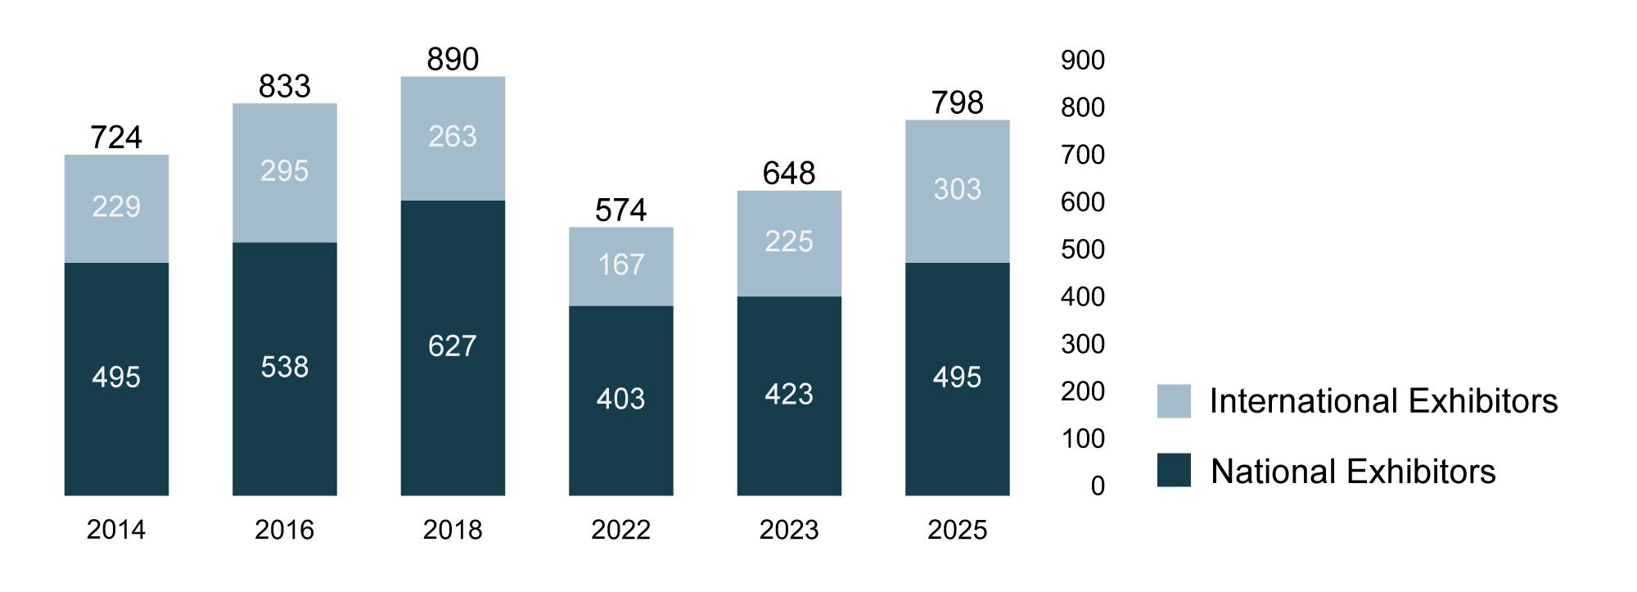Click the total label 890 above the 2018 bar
point(453,59)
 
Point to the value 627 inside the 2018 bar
point(452,346)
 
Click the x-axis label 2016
point(284,530)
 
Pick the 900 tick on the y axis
point(1082,60)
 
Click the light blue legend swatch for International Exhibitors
point(1174,401)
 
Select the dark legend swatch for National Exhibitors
point(1174,471)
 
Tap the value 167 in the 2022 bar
point(620,264)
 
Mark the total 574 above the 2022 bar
point(620,210)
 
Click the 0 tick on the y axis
point(1098,486)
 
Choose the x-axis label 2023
point(788,530)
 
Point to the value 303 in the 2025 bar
point(957,189)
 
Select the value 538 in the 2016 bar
point(284,366)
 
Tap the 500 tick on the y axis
point(1082,249)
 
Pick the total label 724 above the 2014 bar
point(116,137)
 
